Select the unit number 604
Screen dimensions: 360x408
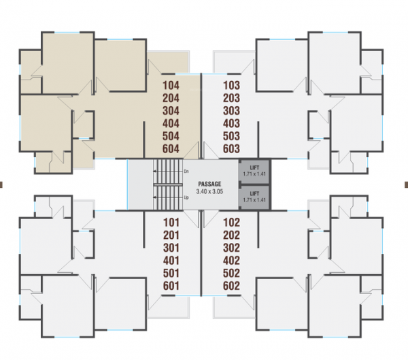(x=172, y=149)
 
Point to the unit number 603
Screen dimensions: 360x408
(x=232, y=149)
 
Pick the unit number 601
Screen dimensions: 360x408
(x=171, y=286)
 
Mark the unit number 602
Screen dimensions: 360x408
(x=232, y=286)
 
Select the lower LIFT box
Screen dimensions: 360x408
(x=254, y=197)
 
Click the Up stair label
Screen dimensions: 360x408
(x=186, y=197)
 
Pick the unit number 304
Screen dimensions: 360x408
(x=172, y=111)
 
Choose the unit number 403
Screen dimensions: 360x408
(x=232, y=123)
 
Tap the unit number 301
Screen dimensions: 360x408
(x=171, y=248)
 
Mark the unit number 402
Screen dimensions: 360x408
(x=232, y=260)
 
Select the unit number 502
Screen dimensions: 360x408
(x=232, y=273)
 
